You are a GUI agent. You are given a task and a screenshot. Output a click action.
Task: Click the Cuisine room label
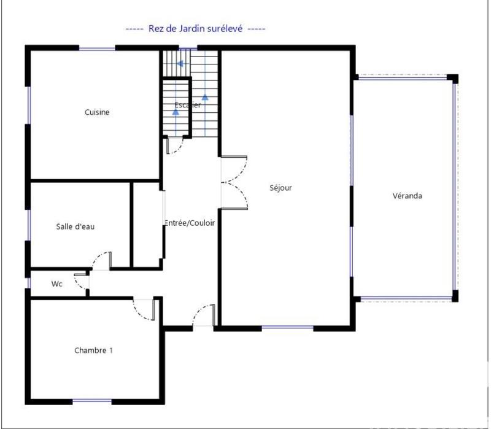point(97,112)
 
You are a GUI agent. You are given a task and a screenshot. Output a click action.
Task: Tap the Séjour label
point(280,188)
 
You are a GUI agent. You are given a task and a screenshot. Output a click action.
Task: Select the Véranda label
point(408,196)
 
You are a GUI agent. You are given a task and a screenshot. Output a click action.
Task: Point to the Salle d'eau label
point(75,226)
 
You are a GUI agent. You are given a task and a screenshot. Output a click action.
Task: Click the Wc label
point(56,284)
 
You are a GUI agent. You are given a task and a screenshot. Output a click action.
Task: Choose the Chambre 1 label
point(93,350)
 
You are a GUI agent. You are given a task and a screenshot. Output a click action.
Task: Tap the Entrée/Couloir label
point(190,223)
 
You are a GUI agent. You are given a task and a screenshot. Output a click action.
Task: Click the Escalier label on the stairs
point(187,105)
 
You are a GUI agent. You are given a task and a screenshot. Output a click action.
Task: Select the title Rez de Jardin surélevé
point(195,29)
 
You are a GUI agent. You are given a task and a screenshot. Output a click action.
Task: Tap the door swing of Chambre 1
point(144,309)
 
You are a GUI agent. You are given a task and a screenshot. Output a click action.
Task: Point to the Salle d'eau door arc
point(101,261)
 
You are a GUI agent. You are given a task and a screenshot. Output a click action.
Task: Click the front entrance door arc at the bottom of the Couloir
point(203,315)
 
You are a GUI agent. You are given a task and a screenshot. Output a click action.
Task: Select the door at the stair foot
point(174,145)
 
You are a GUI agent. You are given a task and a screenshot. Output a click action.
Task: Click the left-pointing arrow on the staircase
point(179,63)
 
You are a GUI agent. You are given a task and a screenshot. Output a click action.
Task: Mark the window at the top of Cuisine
point(97,48)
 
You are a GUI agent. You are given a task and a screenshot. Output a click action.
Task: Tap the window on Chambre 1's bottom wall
point(92,401)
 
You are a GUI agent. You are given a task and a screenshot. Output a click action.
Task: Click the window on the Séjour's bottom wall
point(287,328)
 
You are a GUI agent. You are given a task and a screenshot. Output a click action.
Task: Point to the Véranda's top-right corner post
point(452,79)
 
